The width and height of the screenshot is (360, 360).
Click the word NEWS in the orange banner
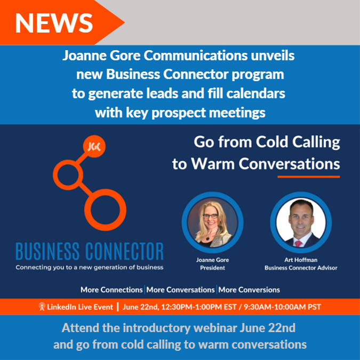click(54, 23)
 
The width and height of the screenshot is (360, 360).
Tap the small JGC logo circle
click(94, 146)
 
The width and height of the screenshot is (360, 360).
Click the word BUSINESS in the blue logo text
click(48, 251)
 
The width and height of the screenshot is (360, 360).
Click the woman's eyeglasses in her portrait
click(210, 216)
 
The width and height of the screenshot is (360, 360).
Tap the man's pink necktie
click(298, 244)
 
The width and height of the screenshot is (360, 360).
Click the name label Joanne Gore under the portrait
click(212, 260)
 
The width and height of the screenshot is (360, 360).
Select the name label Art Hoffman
click(301, 260)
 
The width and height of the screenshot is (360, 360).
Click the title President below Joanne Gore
click(212, 268)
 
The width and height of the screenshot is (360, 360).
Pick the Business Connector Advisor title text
click(301, 268)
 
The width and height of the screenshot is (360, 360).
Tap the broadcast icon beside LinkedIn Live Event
click(42, 307)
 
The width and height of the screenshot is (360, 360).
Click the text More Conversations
click(180, 290)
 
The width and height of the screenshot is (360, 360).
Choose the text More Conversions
click(249, 290)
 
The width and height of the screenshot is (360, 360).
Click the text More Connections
click(111, 290)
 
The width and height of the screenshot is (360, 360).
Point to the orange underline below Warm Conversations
click(309, 177)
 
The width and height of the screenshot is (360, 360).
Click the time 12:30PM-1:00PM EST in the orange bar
click(199, 307)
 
